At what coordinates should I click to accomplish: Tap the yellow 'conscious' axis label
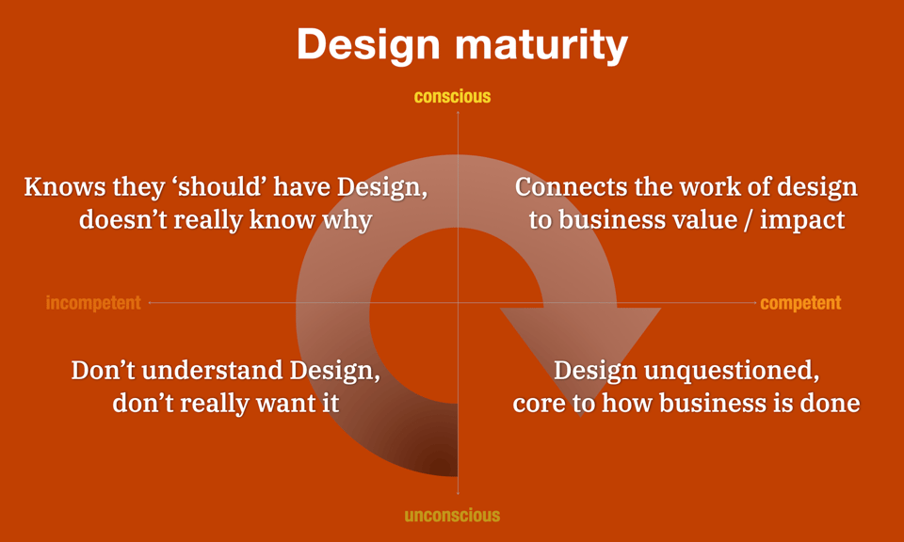452,96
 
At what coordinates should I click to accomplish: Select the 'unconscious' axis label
452,516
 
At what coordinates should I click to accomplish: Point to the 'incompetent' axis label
93,303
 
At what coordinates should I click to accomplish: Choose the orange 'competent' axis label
800,303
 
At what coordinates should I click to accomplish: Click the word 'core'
540,404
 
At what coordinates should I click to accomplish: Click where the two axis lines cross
458,303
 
